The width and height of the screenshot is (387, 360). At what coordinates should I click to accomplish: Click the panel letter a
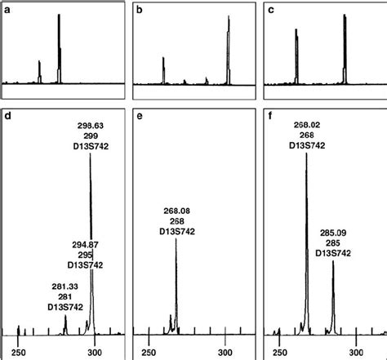click(9, 9)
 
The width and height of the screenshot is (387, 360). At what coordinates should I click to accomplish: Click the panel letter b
click(140, 9)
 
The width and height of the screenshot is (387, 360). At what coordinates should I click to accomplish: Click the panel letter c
click(273, 9)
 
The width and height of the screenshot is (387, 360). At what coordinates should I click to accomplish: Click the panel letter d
click(9, 118)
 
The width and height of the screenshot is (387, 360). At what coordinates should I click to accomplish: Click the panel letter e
click(140, 118)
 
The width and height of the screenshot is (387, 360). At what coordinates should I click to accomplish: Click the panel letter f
click(273, 118)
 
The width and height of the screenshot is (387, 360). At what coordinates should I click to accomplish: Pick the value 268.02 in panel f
click(307, 125)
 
